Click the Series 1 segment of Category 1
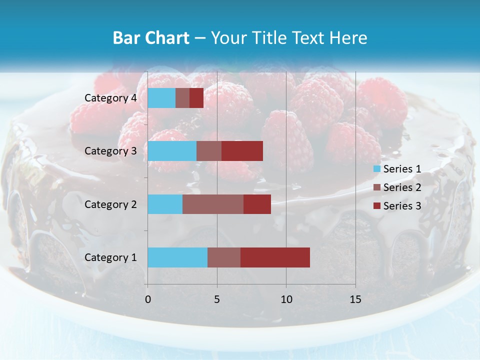click(177, 257)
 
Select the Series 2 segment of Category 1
click(224, 257)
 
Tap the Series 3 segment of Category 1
click(275, 257)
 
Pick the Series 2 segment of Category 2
click(213, 204)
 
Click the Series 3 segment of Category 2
click(257, 204)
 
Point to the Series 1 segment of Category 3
click(172, 151)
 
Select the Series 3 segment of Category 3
click(242, 151)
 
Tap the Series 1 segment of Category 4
click(161, 98)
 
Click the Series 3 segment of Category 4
click(196, 98)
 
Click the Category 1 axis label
click(110, 257)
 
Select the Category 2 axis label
click(110, 204)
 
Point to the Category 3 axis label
click(110, 151)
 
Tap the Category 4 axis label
click(110, 98)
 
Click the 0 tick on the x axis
click(147, 299)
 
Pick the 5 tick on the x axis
click(217, 299)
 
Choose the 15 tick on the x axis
click(355, 299)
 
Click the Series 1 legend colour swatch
click(377, 169)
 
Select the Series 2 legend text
click(402, 187)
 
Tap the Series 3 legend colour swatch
click(377, 206)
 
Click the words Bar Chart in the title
click(151, 38)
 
